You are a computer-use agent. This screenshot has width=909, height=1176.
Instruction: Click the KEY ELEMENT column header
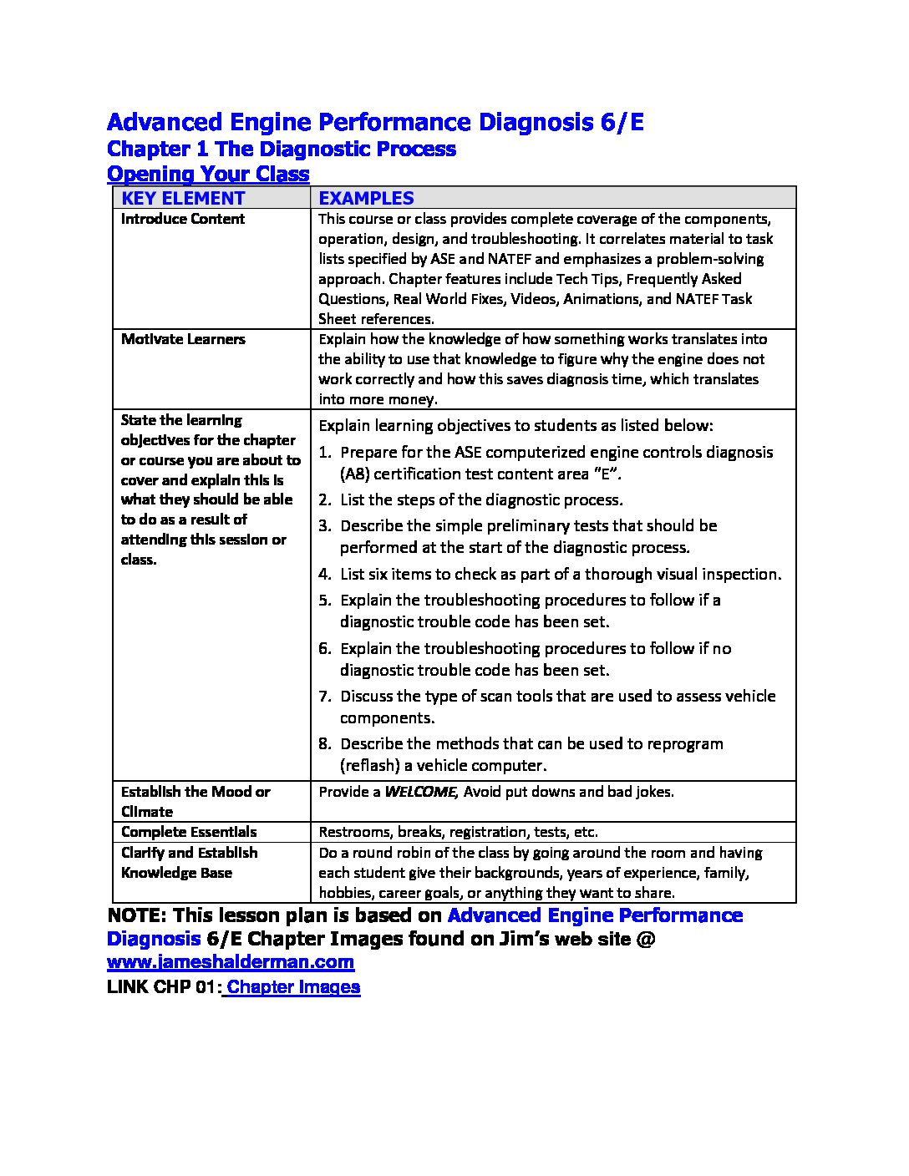coord(183,198)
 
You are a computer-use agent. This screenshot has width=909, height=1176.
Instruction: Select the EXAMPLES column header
coord(366,198)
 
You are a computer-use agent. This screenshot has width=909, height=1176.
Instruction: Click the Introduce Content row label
coord(183,219)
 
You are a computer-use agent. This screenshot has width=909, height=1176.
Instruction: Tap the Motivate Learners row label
coord(183,339)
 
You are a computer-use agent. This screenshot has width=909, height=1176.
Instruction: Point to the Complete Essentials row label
coord(189,832)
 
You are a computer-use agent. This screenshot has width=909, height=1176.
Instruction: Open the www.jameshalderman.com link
coord(231,962)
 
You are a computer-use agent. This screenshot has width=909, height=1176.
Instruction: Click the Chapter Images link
coord(293,987)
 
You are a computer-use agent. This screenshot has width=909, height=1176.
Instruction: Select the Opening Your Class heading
coord(208,174)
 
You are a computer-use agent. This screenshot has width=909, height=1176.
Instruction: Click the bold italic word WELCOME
coord(419,792)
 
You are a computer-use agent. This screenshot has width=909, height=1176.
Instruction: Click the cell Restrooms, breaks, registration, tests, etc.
coord(458,832)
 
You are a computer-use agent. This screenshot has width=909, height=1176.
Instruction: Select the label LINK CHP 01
coord(163,987)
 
